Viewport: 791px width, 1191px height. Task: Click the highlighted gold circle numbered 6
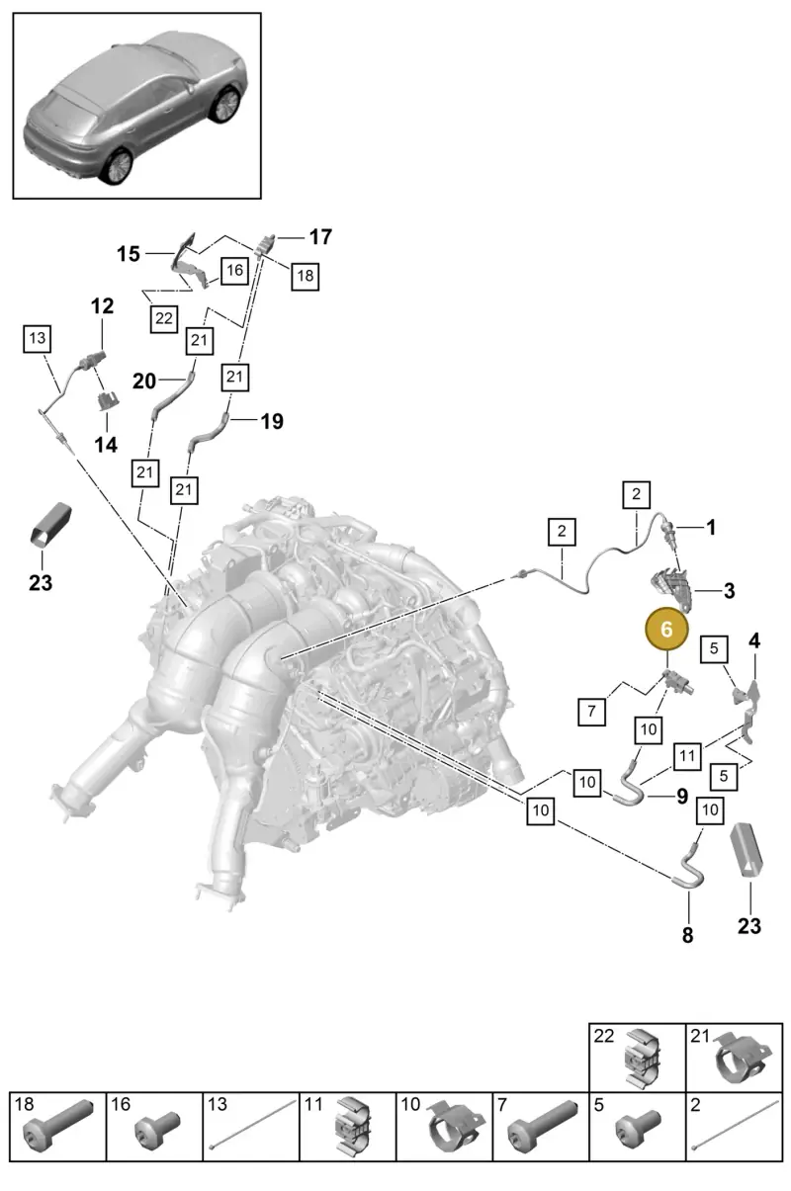(x=666, y=629)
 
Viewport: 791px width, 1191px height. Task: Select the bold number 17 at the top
(x=320, y=236)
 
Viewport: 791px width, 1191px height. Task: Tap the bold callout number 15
(x=129, y=254)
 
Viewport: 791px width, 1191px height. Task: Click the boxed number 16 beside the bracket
(x=234, y=271)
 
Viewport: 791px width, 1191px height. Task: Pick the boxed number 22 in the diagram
(x=163, y=318)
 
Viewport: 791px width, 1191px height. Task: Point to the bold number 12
(x=102, y=305)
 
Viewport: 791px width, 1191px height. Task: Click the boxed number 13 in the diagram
(x=38, y=338)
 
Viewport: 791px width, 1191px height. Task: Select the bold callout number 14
(x=106, y=445)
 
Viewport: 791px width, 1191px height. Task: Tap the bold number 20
(x=144, y=381)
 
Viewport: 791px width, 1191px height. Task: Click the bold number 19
(x=272, y=421)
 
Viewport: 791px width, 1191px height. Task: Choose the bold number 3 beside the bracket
(x=729, y=591)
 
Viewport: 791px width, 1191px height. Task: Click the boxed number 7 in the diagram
(x=591, y=711)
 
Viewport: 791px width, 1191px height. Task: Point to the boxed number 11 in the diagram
(x=687, y=755)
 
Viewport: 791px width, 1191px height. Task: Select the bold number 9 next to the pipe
(x=682, y=796)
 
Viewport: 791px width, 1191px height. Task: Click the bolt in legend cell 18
(x=57, y=1125)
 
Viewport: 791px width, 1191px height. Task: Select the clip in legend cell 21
(x=740, y=1059)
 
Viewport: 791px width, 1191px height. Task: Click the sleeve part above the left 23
(x=50, y=523)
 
